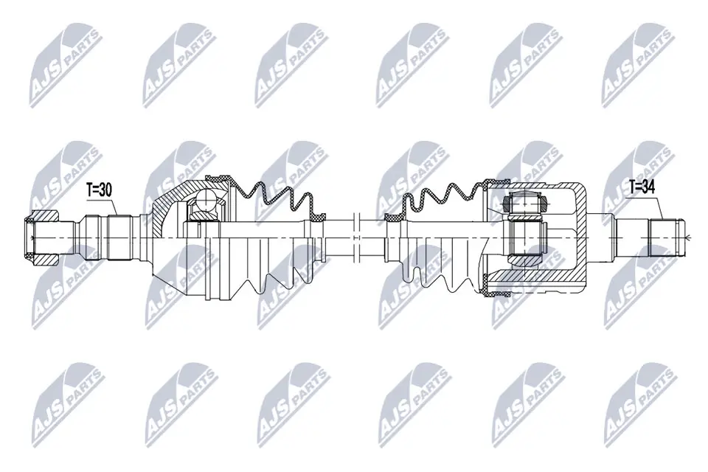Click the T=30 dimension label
[x=99, y=190]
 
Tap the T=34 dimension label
[x=642, y=186]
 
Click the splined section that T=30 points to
[x=119, y=237]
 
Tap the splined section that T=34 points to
[x=666, y=237]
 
